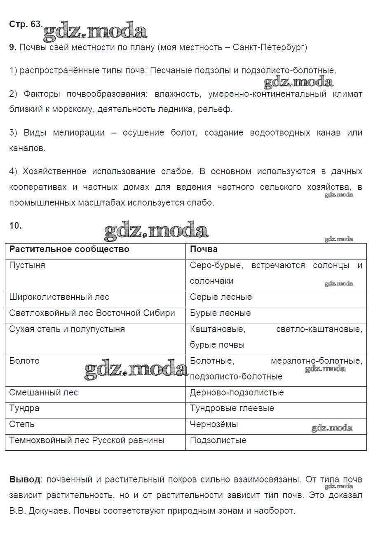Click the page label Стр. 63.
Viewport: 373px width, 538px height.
click(x=25, y=24)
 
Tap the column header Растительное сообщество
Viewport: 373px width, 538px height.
click(x=69, y=250)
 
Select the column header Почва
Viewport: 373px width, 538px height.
click(x=204, y=250)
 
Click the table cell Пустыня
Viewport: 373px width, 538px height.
click(x=27, y=266)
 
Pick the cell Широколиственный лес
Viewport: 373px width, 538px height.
click(x=59, y=297)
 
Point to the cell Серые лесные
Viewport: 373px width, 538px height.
click(x=221, y=297)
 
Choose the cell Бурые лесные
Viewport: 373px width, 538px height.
click(x=220, y=313)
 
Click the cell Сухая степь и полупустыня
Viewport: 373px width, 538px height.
click(x=67, y=330)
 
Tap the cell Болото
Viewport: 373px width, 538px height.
click(x=24, y=361)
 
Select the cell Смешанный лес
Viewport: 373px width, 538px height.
click(x=43, y=393)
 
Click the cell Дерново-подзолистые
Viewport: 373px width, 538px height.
click(x=237, y=393)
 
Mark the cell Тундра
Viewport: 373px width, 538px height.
click(x=24, y=409)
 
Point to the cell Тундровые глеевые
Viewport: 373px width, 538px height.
click(x=232, y=409)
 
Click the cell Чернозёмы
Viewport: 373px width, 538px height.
click(x=214, y=425)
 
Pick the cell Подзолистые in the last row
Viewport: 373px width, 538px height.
click(x=218, y=441)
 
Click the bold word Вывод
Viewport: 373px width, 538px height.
click(x=25, y=480)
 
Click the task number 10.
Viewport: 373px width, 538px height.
click(x=15, y=226)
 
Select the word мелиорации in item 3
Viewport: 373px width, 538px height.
click(x=79, y=133)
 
